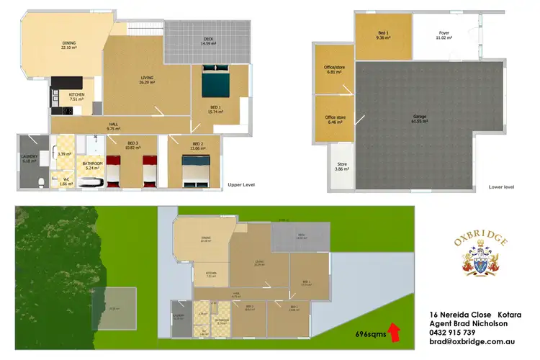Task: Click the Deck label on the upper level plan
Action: click(x=209, y=42)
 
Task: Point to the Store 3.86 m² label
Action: click(x=342, y=166)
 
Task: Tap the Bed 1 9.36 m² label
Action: click(x=384, y=35)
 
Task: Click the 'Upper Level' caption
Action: click(x=239, y=184)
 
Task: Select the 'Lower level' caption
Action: click(x=500, y=186)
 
